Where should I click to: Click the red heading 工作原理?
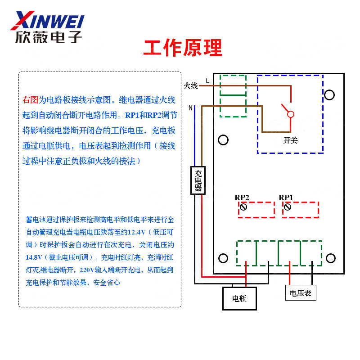183,48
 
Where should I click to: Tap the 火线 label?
191,85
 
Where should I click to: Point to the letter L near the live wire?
207,81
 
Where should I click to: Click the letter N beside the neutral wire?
191,108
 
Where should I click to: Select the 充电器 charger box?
198,180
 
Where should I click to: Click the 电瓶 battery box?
239,298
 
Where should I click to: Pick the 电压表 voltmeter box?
301,293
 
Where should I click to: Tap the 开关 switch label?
291,140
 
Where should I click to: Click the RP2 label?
242,198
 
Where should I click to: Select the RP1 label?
286,198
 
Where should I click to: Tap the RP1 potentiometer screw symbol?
287,207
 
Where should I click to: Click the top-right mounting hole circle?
329,95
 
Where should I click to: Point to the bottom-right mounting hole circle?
331,258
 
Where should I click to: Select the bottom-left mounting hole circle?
223,258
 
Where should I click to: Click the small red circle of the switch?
291,114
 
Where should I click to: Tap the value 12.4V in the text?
137,233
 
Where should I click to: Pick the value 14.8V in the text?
35,258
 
